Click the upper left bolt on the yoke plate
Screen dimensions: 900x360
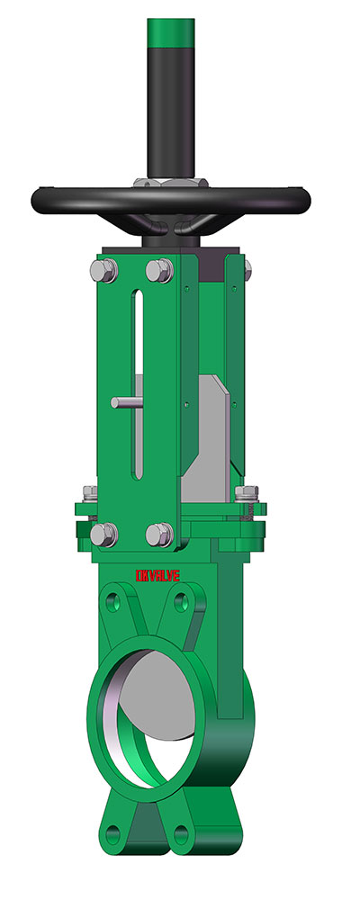tap(103, 270)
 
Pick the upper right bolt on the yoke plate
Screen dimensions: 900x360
tap(159, 270)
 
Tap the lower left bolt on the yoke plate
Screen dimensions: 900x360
tap(103, 534)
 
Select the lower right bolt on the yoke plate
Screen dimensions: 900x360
tap(159, 534)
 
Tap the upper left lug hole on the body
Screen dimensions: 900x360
tap(113, 599)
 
